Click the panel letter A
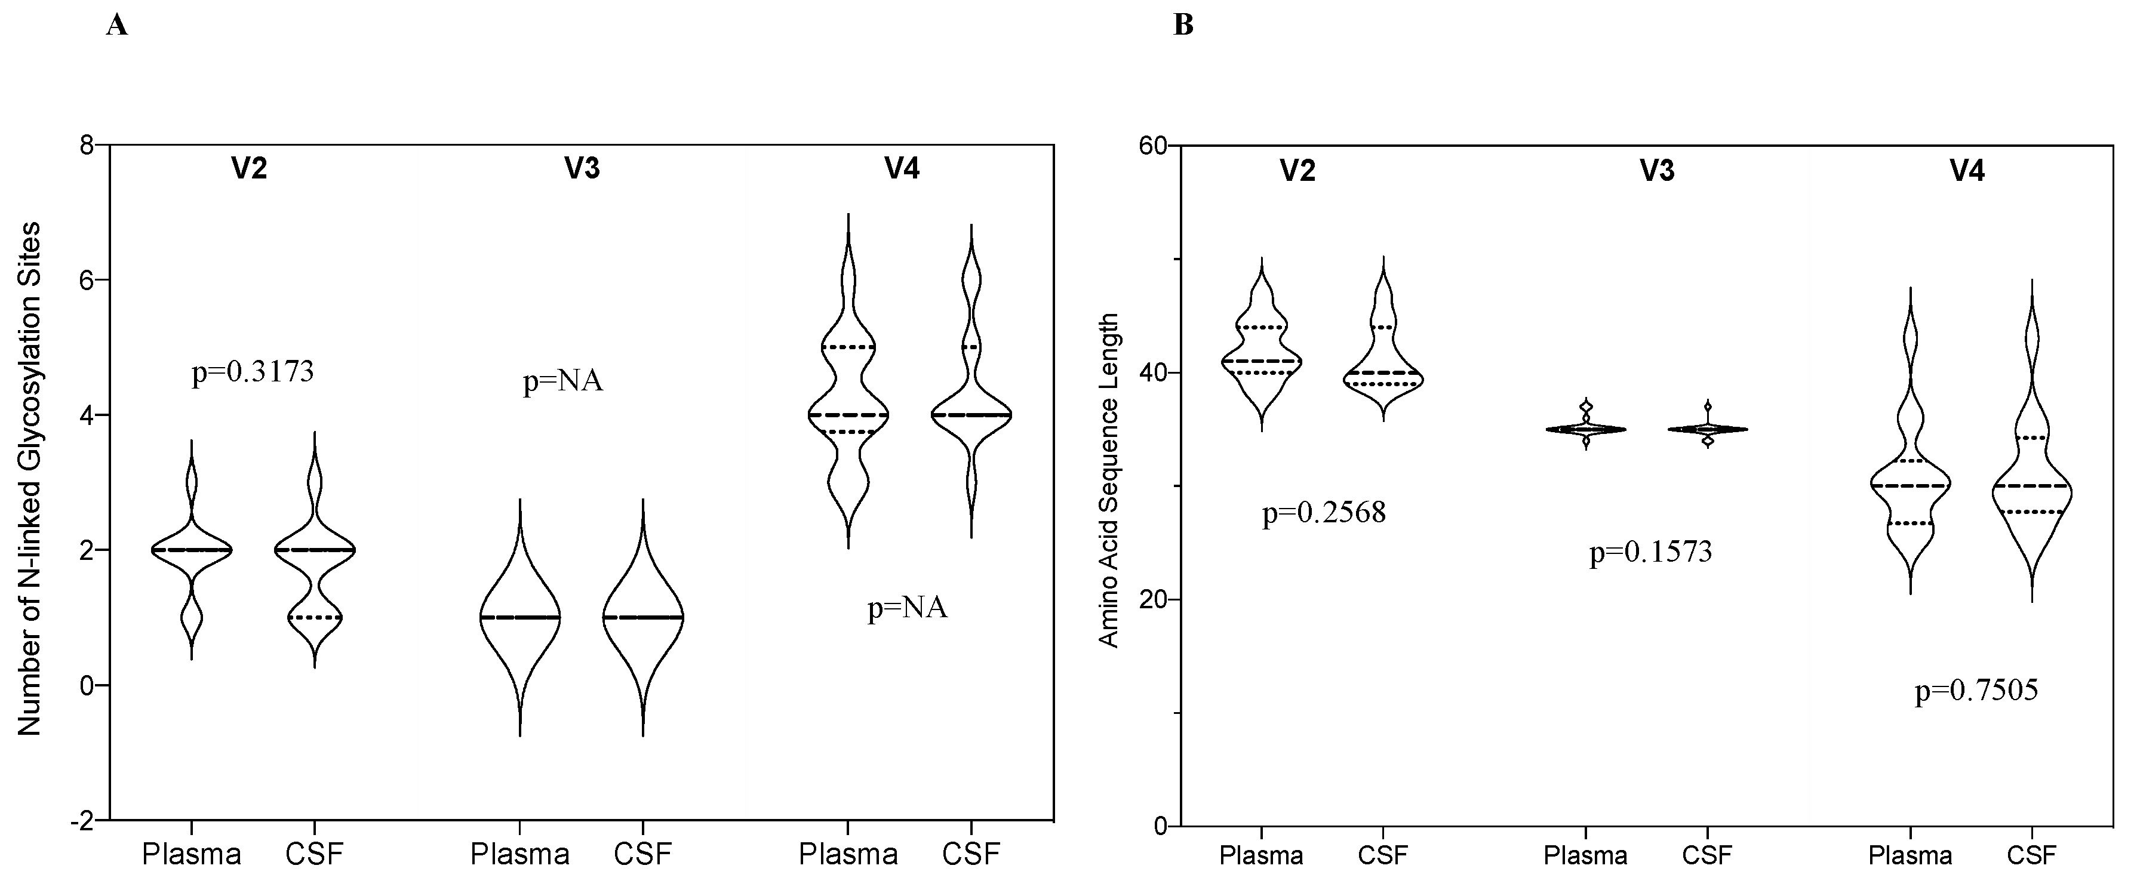pyautogui.click(x=117, y=26)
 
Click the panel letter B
pyautogui.click(x=1184, y=26)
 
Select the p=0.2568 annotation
pyautogui.click(x=1323, y=513)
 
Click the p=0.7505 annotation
pyautogui.click(x=1976, y=690)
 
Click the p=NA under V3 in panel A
pyautogui.click(x=562, y=381)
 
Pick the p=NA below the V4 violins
pyautogui.click(x=907, y=609)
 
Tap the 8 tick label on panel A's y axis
pyautogui.click(x=85, y=144)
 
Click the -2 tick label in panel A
pyautogui.click(x=81, y=820)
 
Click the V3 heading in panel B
pyautogui.click(x=1657, y=171)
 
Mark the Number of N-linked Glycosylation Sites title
pyautogui.click(x=30, y=479)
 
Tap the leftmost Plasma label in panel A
pyautogui.click(x=191, y=854)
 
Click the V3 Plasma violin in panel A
pyautogui.click(x=520, y=618)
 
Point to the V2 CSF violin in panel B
pyautogui.click(x=1383, y=365)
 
